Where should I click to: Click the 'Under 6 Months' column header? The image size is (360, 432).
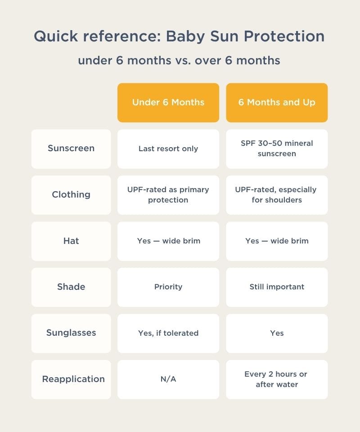pos(168,103)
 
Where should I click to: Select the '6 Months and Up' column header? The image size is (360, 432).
pos(277,103)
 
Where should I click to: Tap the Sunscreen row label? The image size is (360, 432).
pos(71,148)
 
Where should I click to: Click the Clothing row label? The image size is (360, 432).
pos(71,195)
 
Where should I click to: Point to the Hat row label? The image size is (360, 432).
pos(71,241)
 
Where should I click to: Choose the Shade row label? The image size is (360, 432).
pos(71,287)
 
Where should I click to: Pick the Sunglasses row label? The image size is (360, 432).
pos(71,333)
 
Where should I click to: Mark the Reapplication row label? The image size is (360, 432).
pos(73,379)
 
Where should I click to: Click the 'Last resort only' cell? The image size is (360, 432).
pos(168,148)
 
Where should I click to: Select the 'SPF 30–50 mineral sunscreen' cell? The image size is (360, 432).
pos(277,148)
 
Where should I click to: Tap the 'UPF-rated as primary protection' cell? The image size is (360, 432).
pos(168,195)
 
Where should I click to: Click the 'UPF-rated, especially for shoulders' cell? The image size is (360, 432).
pos(277,195)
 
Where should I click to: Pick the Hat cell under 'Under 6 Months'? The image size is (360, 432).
pos(168,241)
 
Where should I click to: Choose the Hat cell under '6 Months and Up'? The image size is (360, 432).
pos(277,241)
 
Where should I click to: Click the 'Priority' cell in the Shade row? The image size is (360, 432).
pos(168,287)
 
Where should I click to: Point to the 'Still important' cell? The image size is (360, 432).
pos(277,287)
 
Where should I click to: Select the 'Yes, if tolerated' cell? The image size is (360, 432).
pos(168,333)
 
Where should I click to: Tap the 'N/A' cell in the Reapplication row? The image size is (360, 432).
pos(168,379)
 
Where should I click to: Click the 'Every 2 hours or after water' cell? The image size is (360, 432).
pos(277,379)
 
